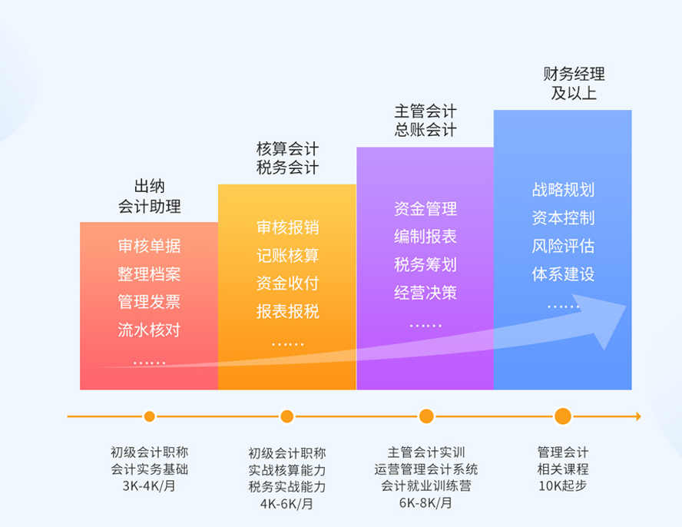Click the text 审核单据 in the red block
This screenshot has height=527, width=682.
coord(149,246)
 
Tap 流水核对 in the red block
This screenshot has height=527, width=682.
coord(149,330)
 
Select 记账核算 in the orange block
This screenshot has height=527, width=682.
coord(287,256)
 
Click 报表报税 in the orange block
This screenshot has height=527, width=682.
coord(287,311)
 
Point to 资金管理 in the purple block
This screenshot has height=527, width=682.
coord(425,209)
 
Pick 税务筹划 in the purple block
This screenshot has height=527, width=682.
coord(425,264)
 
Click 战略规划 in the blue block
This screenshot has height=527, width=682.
coord(563,190)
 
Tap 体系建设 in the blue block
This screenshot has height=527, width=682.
coord(563,274)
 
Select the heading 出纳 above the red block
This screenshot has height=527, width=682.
coord(149,187)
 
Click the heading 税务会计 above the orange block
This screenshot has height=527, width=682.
coord(287,167)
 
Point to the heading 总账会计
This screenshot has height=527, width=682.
coord(425,130)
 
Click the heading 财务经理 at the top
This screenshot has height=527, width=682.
coord(574,74)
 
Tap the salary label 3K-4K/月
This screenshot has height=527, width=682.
coord(149,486)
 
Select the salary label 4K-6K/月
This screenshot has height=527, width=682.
coord(286,503)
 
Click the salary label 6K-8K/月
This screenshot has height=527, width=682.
coord(425,502)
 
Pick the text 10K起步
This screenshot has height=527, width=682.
coord(562,486)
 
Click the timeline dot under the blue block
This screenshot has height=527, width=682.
coord(563,416)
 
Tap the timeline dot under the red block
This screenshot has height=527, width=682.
coord(149,416)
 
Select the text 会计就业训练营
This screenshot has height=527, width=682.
coord(425,486)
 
